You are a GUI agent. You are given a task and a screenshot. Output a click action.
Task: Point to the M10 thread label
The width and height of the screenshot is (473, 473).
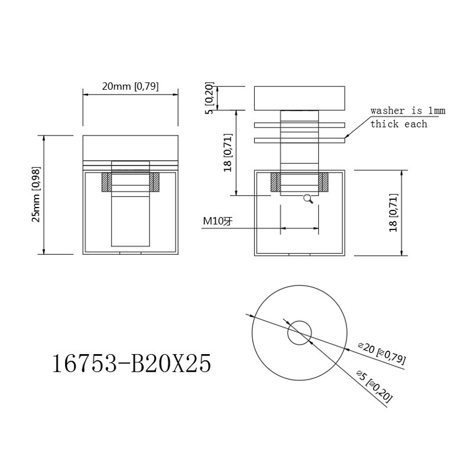(218, 221)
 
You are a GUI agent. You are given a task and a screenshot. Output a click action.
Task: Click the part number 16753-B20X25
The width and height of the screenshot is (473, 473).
(132, 364)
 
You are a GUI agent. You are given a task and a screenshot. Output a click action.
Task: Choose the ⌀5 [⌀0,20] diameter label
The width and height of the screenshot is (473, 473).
(374, 387)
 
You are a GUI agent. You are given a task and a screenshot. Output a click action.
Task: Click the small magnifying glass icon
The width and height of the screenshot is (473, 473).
(308, 199)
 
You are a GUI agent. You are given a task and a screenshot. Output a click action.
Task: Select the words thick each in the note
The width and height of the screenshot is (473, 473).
(399, 124)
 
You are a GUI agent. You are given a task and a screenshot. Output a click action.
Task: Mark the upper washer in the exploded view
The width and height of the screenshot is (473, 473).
(299, 125)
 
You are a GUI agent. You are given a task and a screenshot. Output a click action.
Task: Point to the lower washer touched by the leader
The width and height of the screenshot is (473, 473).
(299, 140)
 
